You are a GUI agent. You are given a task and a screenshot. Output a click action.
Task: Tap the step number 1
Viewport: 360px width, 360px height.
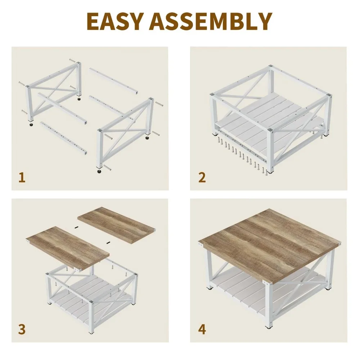[22, 177]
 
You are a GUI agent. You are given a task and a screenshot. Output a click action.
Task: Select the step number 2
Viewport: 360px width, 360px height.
[202, 177]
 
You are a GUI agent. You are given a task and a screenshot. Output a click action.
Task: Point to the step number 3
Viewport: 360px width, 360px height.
[22, 329]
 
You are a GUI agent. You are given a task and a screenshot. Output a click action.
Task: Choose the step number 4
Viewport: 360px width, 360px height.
[202, 329]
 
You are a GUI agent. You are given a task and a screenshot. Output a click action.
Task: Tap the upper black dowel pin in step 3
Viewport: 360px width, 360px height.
[76, 228]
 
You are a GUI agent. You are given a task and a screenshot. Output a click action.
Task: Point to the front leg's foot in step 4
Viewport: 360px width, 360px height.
[269, 327]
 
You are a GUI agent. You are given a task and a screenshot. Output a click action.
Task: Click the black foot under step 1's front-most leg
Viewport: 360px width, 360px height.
[99, 171]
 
